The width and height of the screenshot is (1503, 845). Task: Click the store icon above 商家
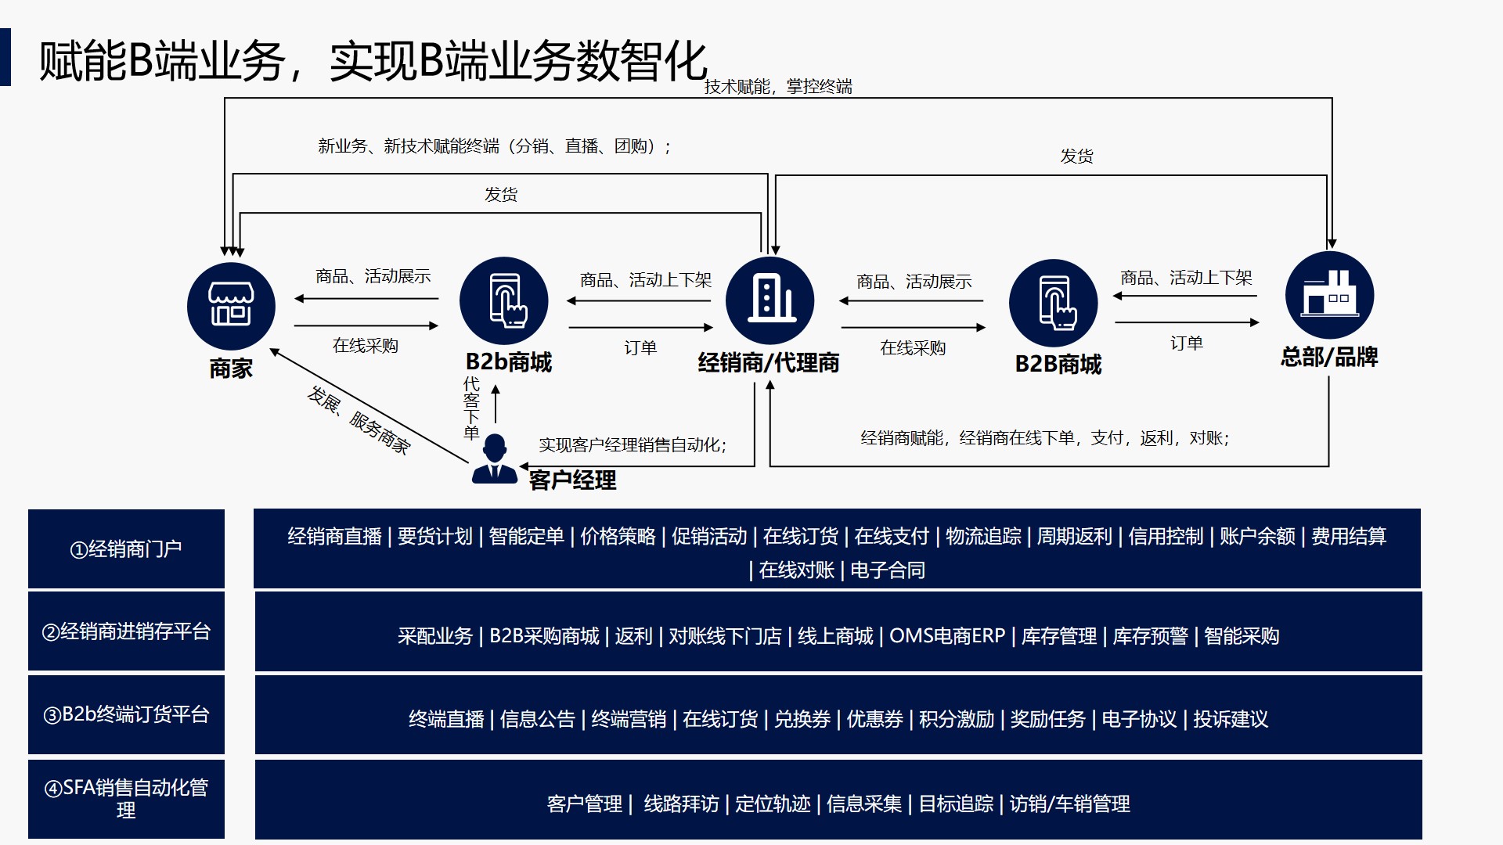coord(231,306)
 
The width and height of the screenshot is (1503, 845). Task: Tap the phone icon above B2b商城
coord(504,301)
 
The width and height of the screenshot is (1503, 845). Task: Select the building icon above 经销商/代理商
coord(770,300)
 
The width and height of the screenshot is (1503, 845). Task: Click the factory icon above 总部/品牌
coord(1329,296)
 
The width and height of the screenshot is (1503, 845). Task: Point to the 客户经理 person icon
coord(495,459)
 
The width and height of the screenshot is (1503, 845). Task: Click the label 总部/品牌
coord(1329,358)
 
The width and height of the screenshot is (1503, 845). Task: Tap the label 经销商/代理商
coord(769,363)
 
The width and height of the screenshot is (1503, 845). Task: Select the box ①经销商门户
coord(126,549)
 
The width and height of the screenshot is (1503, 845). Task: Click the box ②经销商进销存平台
coord(126,631)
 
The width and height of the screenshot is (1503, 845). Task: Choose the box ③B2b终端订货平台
coord(126,714)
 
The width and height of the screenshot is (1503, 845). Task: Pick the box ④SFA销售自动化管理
coord(126,799)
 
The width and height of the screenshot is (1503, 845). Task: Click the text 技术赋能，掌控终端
coord(778,87)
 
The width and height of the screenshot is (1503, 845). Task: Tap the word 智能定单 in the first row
coord(526,537)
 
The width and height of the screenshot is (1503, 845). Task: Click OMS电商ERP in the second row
coord(947,636)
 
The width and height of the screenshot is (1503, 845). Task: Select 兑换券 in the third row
coord(802,719)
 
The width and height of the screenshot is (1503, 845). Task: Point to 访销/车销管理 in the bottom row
coord(1069,804)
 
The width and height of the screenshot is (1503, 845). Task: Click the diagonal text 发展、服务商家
coord(359,420)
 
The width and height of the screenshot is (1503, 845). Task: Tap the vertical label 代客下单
coord(471,408)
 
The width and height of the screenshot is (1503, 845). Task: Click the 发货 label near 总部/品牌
coord(1076,156)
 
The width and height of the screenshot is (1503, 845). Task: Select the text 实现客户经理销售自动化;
coord(633,445)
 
